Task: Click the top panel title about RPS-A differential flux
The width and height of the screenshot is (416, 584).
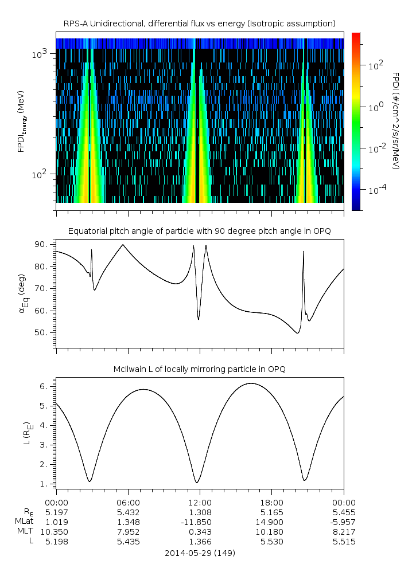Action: tap(200, 23)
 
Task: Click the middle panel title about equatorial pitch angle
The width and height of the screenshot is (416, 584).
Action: tap(200, 231)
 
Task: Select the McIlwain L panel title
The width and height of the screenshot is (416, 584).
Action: tap(200, 369)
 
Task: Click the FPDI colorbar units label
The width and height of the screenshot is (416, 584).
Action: tap(395, 121)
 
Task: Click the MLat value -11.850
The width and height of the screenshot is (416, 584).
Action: tap(200, 522)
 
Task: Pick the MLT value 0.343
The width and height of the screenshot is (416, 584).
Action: tap(200, 532)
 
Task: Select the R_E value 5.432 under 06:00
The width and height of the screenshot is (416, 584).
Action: tap(128, 512)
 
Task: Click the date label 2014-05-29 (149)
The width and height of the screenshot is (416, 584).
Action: tap(200, 554)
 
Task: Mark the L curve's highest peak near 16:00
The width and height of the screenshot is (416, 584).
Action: tap(250, 383)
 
